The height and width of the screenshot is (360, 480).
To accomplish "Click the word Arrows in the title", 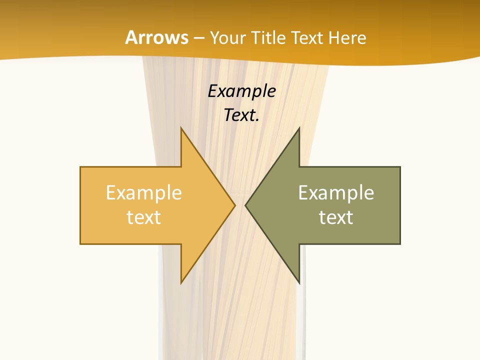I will point(156,37).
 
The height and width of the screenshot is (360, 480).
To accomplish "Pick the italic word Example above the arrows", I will point(241,91).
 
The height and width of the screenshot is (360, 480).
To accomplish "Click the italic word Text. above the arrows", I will point(241,115).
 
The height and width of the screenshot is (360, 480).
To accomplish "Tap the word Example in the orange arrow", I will point(144,193).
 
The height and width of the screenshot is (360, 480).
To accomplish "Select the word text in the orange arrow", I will point(144,217).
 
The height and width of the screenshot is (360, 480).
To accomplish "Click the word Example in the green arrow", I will point(336,193).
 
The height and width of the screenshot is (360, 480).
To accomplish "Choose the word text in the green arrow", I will point(336,217).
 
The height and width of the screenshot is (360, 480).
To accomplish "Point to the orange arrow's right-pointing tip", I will point(234,205).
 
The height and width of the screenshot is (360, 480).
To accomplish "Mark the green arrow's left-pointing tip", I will point(246,205).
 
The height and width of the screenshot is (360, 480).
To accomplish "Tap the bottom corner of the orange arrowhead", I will point(181,282).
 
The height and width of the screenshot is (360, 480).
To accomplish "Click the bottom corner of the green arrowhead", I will point(299,282).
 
